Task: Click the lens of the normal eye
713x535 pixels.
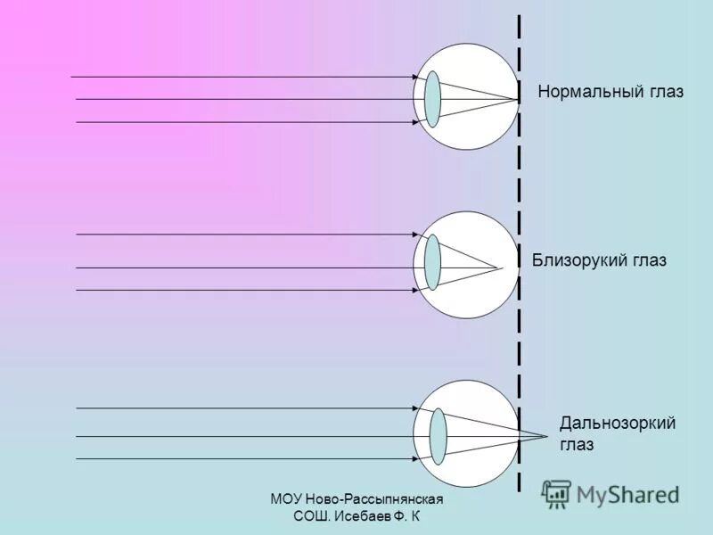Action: click(x=433, y=98)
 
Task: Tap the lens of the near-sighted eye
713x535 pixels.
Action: click(x=433, y=262)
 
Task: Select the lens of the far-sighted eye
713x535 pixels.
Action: click(x=438, y=435)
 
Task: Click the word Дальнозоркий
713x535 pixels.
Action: click(x=618, y=423)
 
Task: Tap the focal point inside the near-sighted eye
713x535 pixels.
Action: click(x=501, y=267)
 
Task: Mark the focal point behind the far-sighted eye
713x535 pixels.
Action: click(x=545, y=436)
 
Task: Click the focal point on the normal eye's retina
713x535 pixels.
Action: click(x=518, y=99)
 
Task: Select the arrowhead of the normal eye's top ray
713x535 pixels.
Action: click(x=415, y=78)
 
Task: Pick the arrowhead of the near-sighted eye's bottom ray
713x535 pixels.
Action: click(x=415, y=290)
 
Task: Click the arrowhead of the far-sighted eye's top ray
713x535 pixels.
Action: click(x=415, y=408)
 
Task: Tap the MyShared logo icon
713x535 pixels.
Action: click(x=556, y=494)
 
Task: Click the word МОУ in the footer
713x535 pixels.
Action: click(x=287, y=500)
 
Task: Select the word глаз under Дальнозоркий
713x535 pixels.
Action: click(x=578, y=444)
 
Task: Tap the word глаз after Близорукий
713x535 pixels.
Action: click(x=646, y=260)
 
